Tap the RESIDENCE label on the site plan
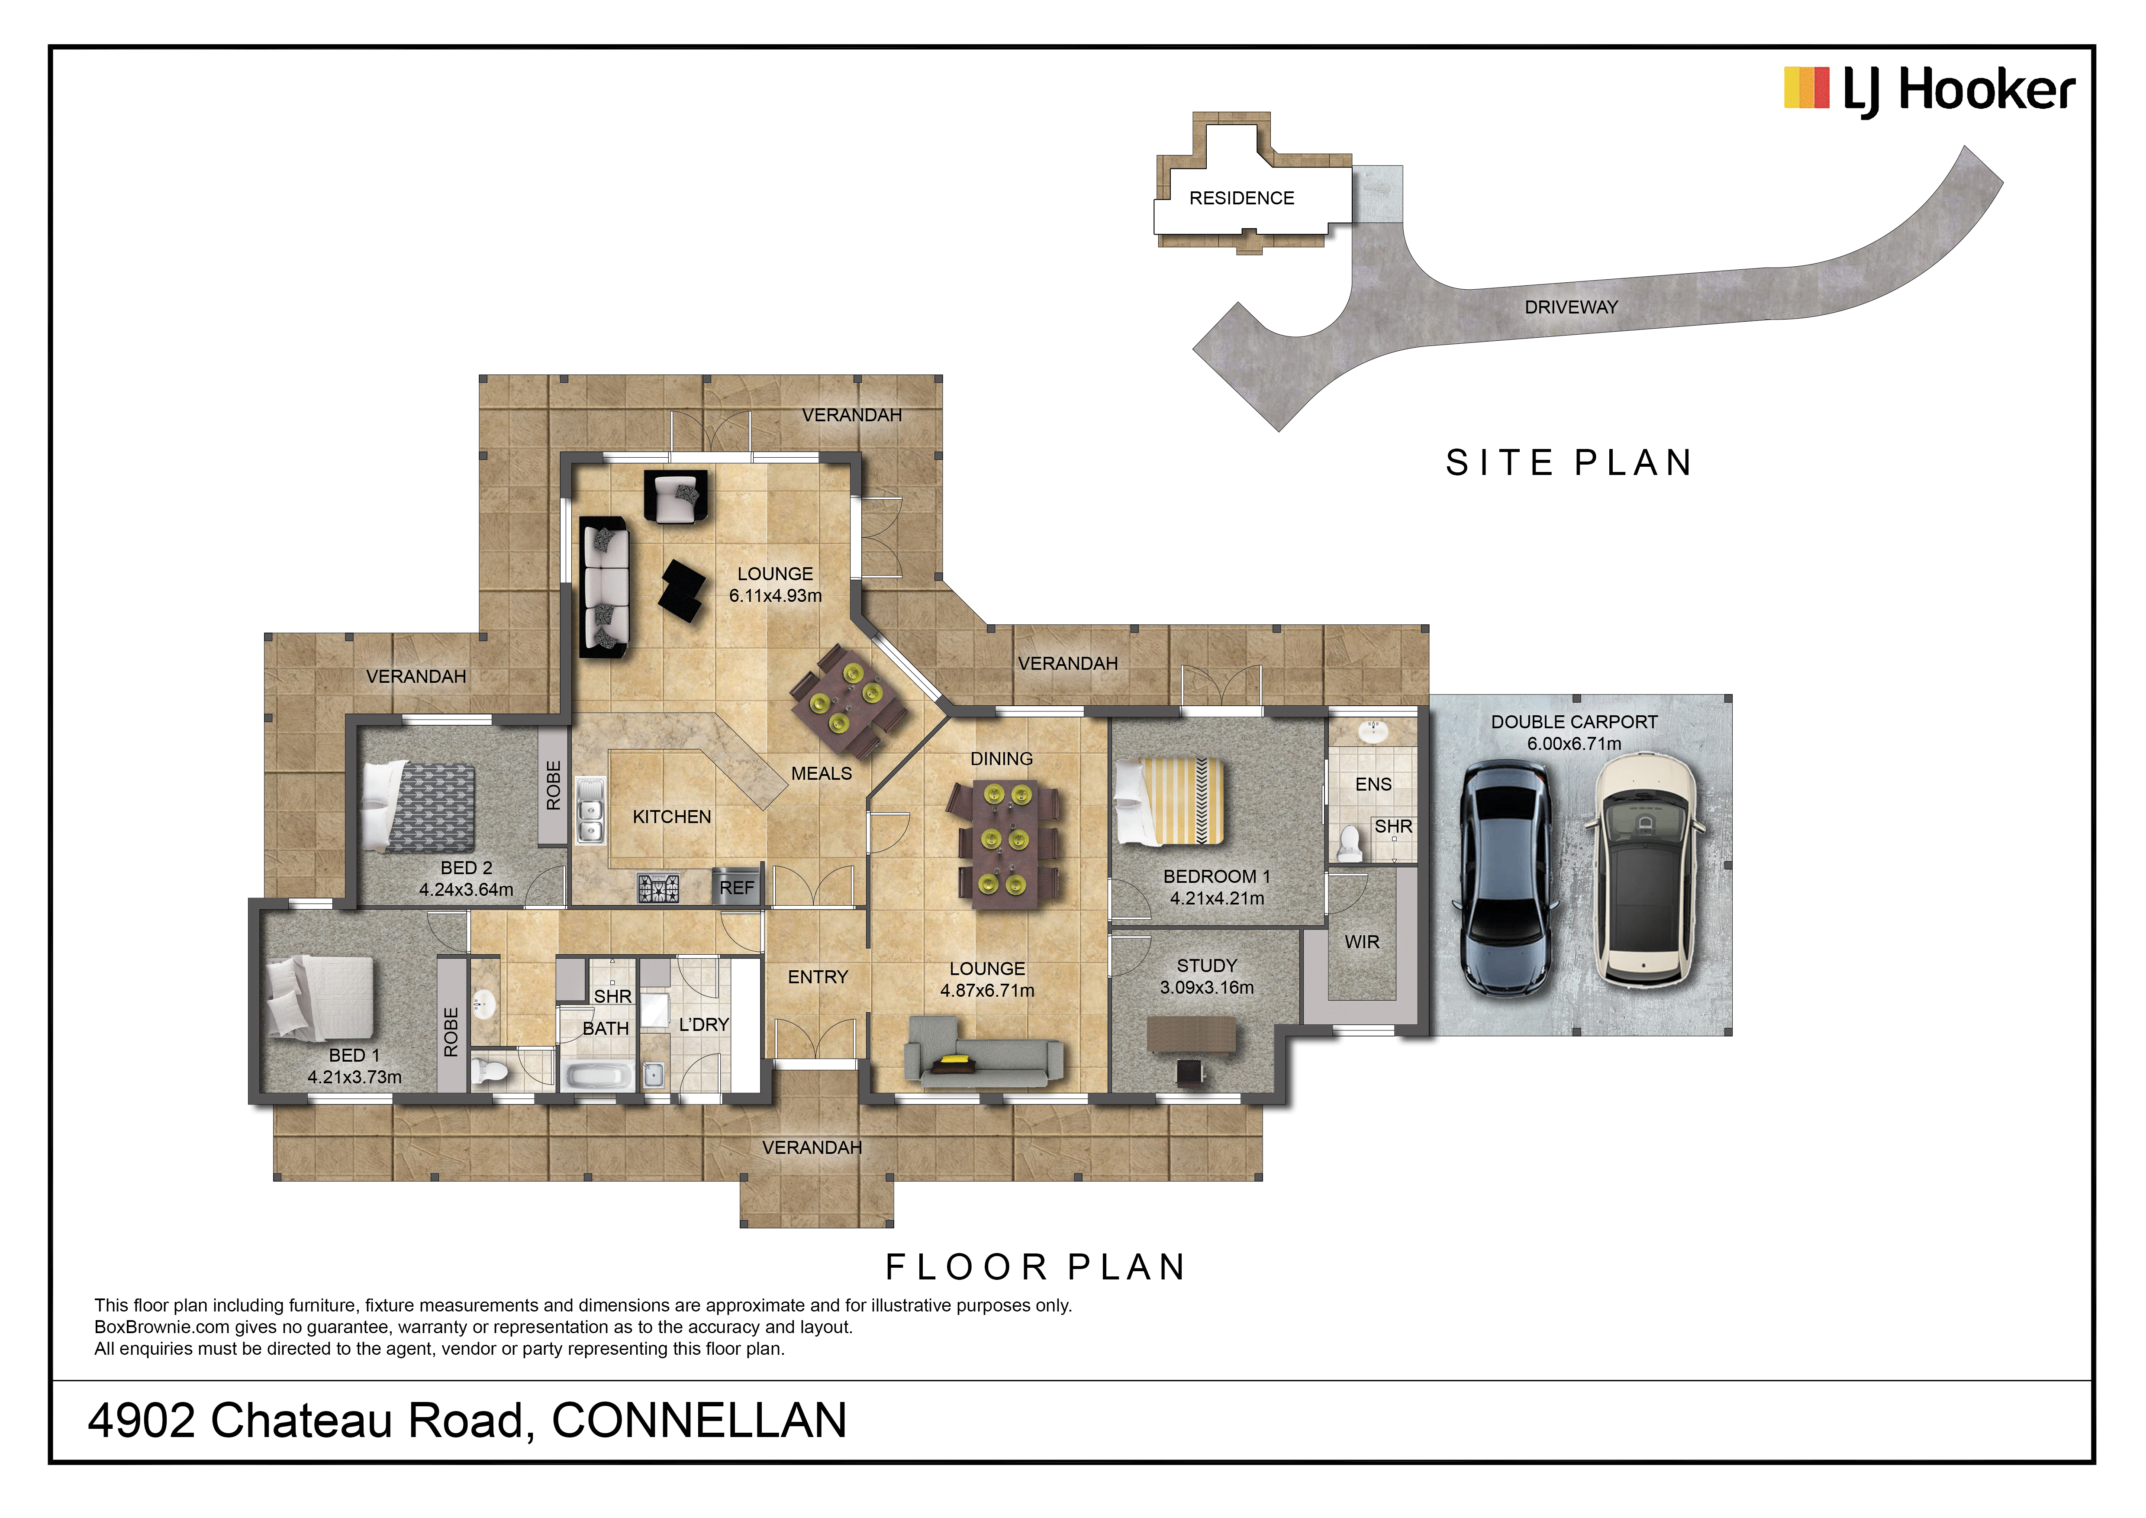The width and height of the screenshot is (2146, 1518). point(1241,198)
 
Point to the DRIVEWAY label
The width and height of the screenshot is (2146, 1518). point(1571,307)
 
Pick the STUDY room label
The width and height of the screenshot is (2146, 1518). point(1207,966)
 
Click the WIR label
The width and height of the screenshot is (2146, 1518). point(1362,942)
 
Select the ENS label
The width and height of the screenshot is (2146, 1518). point(1373,784)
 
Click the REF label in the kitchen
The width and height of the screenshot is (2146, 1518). point(737,888)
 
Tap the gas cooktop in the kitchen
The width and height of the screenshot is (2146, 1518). point(658,887)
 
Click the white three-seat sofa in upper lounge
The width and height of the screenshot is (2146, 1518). point(605,587)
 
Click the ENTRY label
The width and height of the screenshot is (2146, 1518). point(818,977)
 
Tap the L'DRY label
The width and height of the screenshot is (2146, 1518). point(704,1024)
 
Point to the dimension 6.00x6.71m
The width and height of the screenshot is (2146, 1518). point(1574,744)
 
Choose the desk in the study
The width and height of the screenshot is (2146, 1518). point(1191,1035)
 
